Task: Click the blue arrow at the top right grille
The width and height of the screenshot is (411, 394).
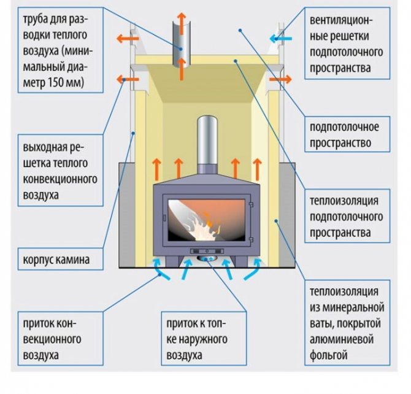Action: click(x=280, y=39)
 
